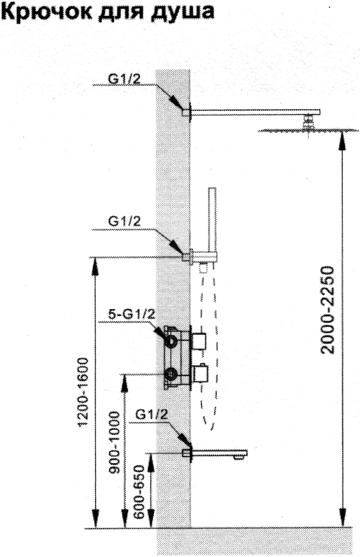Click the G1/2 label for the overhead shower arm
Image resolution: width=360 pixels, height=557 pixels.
pos(124,80)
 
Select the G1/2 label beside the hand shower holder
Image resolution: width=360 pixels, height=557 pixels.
pos(124,221)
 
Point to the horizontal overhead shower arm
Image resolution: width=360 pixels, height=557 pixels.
pos(255,112)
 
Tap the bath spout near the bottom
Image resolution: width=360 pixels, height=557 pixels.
pos(219,453)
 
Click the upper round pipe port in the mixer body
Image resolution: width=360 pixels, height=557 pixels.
pos(172,341)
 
